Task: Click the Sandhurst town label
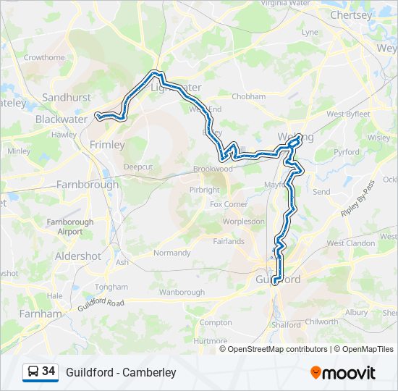[67, 97]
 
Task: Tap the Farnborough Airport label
[70, 227]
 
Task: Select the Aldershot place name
[78, 256]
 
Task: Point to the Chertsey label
[350, 14]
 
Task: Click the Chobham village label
[249, 96]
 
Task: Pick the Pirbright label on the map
[204, 190]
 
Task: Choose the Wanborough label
[182, 293]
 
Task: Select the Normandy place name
[172, 253]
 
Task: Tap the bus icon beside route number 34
[33, 372]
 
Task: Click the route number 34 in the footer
[48, 371]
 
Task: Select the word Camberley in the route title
[149, 373]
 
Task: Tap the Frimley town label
[107, 145]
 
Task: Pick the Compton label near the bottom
[215, 322]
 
